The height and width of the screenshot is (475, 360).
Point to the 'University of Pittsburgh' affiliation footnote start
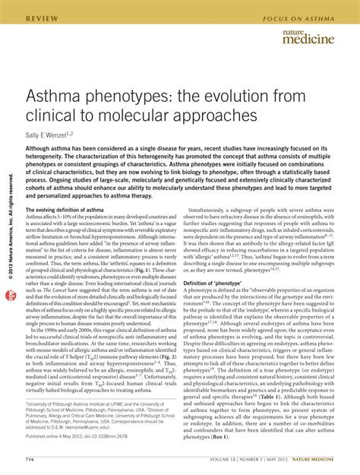tap(61, 407)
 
